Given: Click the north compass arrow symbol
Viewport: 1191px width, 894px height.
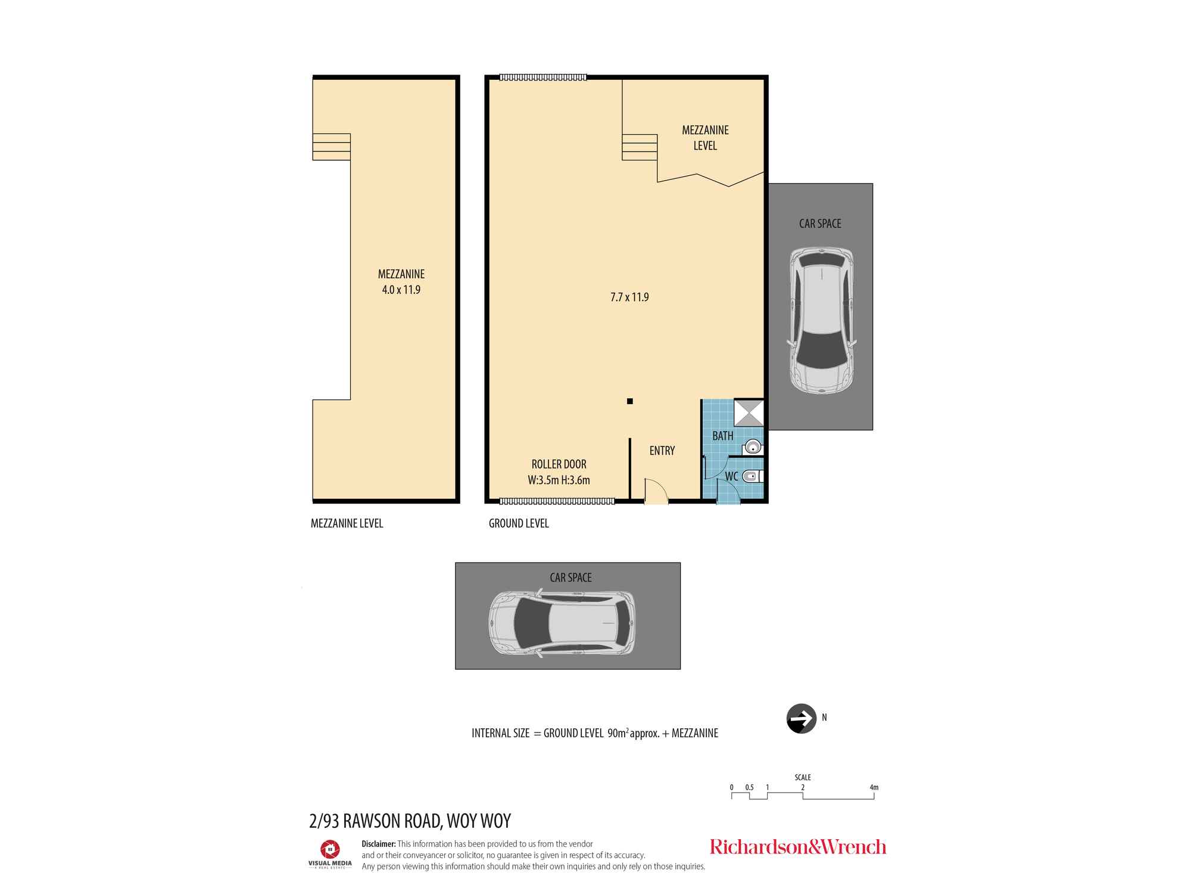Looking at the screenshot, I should pyautogui.click(x=801, y=718).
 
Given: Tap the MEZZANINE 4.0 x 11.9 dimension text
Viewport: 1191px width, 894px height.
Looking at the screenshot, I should pyautogui.click(x=401, y=282).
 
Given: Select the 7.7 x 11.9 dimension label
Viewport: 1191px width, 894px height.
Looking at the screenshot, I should pyautogui.click(x=629, y=297).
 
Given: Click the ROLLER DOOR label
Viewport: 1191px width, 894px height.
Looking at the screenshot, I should pyautogui.click(x=559, y=464).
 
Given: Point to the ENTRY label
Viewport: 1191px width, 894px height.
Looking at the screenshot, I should pyautogui.click(x=662, y=451).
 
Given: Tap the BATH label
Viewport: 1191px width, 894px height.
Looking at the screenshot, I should pyautogui.click(x=722, y=436).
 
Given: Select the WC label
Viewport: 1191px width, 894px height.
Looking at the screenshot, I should pyautogui.click(x=731, y=476).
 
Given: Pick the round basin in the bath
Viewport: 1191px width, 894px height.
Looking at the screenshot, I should pyautogui.click(x=753, y=446).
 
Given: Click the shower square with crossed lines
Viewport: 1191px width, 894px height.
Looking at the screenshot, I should pyautogui.click(x=749, y=412).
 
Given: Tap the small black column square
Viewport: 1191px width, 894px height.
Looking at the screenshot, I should pyautogui.click(x=629, y=401).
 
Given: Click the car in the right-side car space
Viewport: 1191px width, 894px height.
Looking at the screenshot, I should pyautogui.click(x=821, y=320).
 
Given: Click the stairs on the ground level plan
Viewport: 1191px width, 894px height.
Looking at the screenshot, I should pyautogui.click(x=640, y=147).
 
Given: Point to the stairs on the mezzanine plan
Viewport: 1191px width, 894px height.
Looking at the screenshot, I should pyautogui.click(x=332, y=147).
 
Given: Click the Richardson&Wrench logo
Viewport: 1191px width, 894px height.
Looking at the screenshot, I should pyautogui.click(x=797, y=847).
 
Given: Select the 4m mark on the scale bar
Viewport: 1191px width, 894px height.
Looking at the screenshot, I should pyautogui.click(x=874, y=788).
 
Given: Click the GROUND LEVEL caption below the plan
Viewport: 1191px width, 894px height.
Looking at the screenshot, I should pyautogui.click(x=519, y=523).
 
